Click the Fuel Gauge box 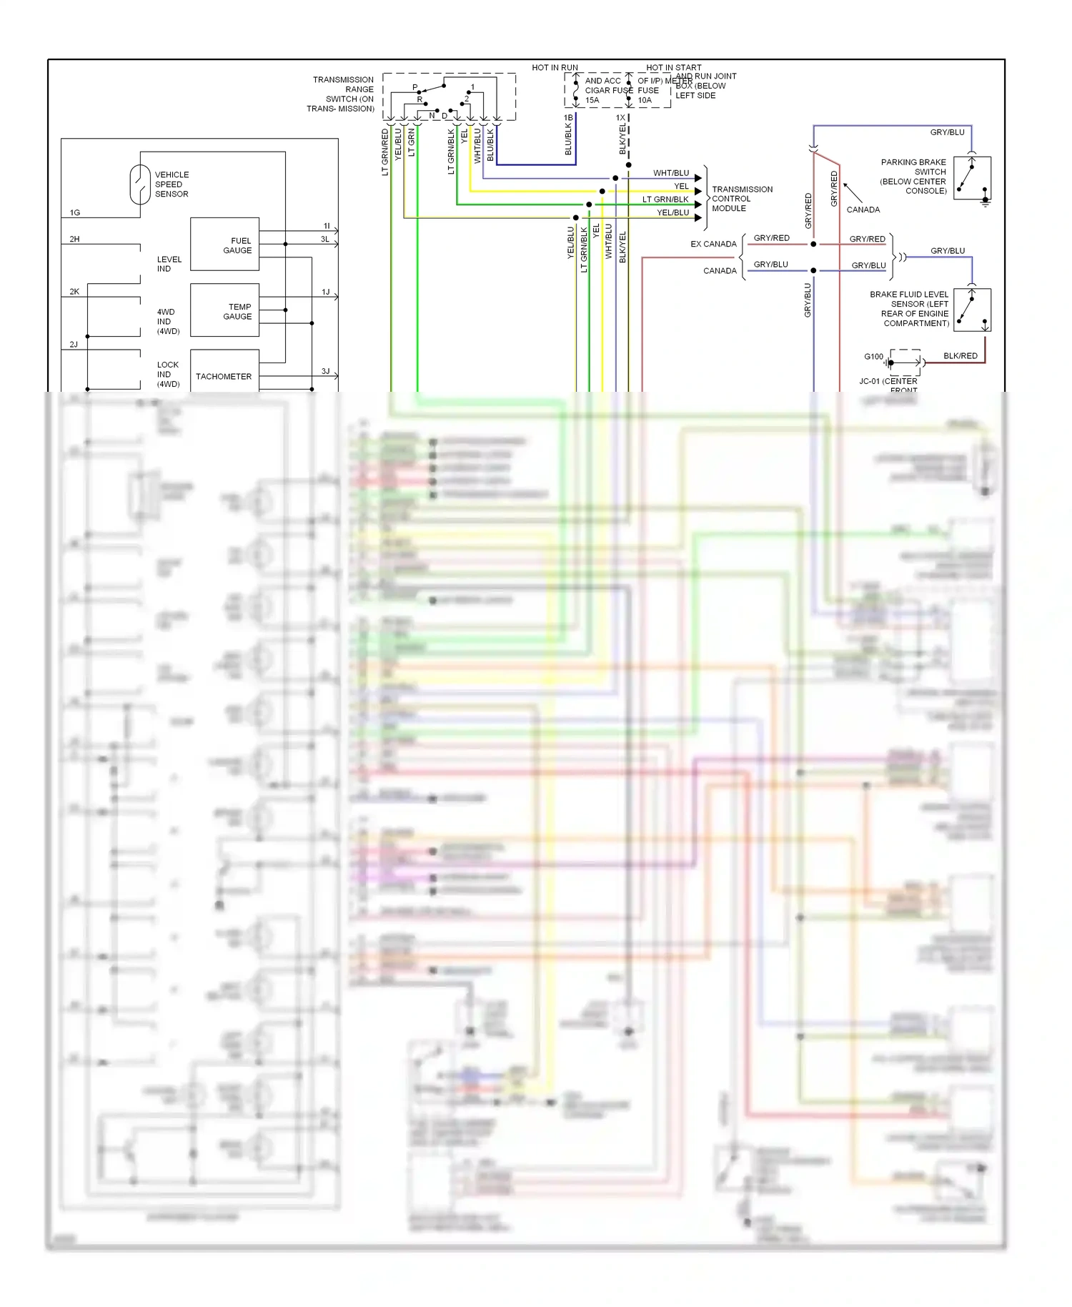(224, 245)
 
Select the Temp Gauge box (224, 310)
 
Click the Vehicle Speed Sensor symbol (139, 184)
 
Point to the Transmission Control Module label (742, 199)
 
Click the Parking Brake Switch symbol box (972, 178)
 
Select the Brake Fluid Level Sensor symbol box (972, 310)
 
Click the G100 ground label (873, 357)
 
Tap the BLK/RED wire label (960, 356)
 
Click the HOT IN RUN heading (555, 68)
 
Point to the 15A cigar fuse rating (592, 100)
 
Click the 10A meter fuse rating (645, 100)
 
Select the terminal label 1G (75, 213)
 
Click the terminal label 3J (325, 372)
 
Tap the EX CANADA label (713, 245)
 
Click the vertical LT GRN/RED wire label (385, 152)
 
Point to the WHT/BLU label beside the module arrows (671, 174)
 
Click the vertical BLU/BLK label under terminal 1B (568, 139)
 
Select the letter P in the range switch (415, 87)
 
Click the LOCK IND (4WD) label (168, 375)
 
